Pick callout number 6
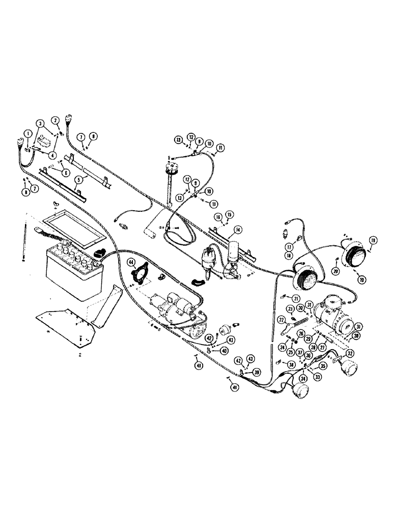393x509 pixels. pyautogui.click(x=65, y=172)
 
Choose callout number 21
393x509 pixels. pyautogui.click(x=295, y=298)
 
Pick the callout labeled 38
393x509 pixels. pyautogui.click(x=290, y=364)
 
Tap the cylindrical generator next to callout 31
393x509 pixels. pyautogui.click(x=333, y=319)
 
